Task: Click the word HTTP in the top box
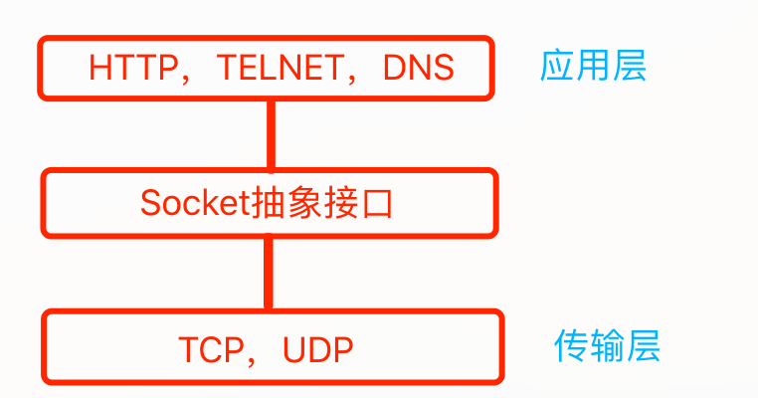click(126, 68)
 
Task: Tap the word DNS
click(418, 68)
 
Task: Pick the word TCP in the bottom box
click(211, 349)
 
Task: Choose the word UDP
click(317, 349)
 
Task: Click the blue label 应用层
click(593, 66)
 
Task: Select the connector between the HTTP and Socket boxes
click(269, 134)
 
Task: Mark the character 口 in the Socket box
click(380, 204)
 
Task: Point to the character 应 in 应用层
click(557, 66)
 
